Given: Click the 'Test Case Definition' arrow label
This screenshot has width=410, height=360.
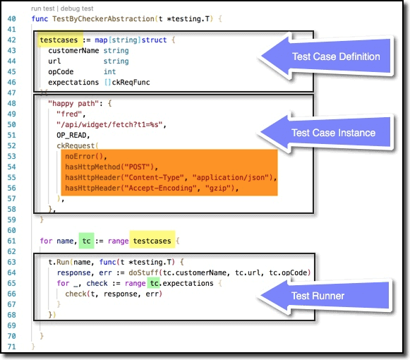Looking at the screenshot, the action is pos(336,56).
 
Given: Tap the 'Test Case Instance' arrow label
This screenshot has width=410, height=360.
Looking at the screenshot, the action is pos(333,133).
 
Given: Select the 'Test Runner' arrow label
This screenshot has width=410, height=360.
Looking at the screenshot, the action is pos(318,296).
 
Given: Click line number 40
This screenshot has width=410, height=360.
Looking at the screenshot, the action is pos(11,19).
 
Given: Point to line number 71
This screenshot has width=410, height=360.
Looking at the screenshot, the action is pos(11,347).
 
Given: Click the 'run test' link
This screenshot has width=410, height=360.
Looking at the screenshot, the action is pos(42,8).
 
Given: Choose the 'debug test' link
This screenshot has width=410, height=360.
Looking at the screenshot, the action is pos(77,8).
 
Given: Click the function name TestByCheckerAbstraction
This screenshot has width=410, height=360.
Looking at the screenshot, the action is pos(103,19).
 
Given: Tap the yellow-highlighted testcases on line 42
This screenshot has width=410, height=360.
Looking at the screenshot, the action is pos(59,40).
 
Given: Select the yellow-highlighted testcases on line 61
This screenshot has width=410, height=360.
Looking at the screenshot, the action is pos(152,241).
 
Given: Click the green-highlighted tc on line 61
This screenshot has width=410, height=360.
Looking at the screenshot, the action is pos(86,241).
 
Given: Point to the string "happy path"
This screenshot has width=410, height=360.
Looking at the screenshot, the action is pos(73,104).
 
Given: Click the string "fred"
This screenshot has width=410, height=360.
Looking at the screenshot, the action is pos(69,114).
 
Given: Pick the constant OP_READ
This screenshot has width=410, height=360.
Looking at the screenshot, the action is pos(71,136).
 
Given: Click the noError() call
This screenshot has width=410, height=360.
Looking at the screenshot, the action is pos(84,157).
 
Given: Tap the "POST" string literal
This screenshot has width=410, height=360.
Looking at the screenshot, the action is pos(138,167).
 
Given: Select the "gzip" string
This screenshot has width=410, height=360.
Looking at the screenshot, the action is pos(218,188).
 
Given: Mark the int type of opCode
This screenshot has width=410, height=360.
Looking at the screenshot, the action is pos(109,72).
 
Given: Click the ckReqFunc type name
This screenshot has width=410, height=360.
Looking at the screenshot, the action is pos(131,83).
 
